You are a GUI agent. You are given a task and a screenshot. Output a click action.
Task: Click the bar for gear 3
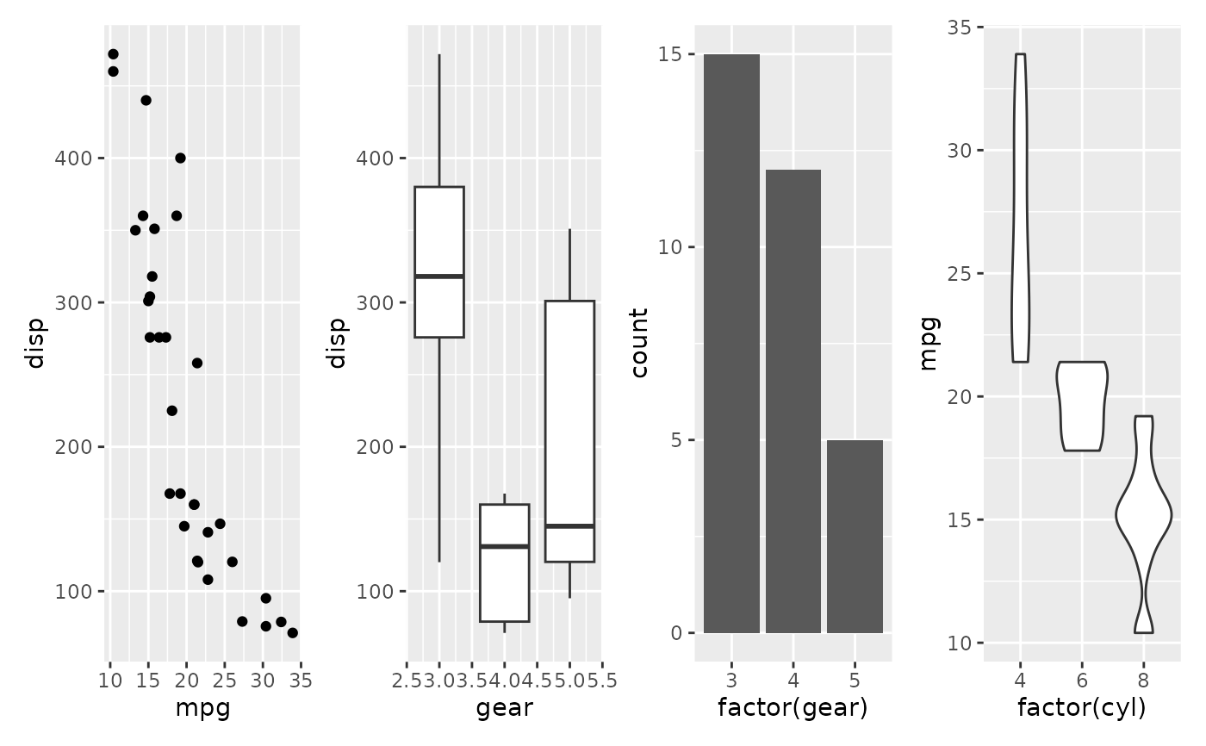tap(731, 345)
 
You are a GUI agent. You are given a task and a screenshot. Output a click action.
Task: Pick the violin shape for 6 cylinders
tap(1083, 405)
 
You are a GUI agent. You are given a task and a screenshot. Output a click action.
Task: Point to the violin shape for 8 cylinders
tap(1143, 516)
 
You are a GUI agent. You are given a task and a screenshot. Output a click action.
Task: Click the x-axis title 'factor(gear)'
tap(793, 708)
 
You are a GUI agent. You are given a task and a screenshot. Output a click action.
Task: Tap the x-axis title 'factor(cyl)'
tap(1082, 708)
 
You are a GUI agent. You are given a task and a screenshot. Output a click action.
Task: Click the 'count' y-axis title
tap(639, 343)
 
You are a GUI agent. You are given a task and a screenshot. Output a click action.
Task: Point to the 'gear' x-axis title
tap(504, 708)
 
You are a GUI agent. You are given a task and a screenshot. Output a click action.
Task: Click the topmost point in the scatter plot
tap(113, 54)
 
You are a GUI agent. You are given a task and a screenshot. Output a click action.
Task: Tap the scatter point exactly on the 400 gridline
tap(180, 158)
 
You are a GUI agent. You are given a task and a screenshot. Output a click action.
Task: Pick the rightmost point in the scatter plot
tap(292, 632)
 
